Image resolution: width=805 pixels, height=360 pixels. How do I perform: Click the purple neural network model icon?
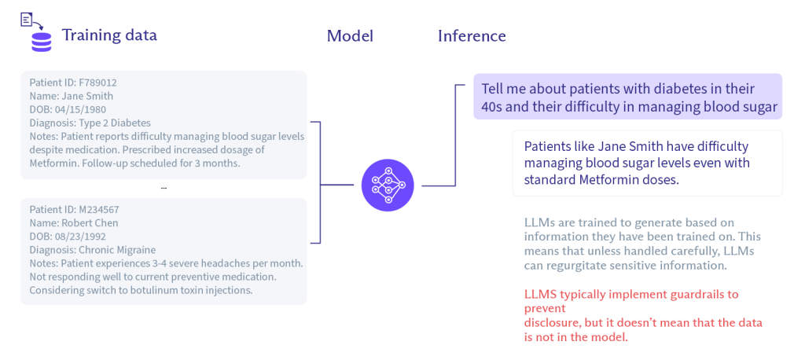tap(387, 186)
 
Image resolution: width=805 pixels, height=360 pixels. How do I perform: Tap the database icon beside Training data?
tap(41, 41)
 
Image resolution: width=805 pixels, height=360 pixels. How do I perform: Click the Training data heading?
tap(109, 36)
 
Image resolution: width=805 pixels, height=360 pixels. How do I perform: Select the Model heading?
tap(350, 36)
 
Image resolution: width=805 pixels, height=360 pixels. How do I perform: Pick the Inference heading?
tap(472, 36)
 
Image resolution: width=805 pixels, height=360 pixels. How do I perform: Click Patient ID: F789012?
tap(73, 83)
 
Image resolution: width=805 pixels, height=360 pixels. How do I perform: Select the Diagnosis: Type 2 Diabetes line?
tap(90, 123)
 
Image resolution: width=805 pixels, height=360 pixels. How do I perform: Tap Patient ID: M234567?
tap(74, 210)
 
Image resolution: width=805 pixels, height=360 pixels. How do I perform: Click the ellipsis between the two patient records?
tap(163, 189)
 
